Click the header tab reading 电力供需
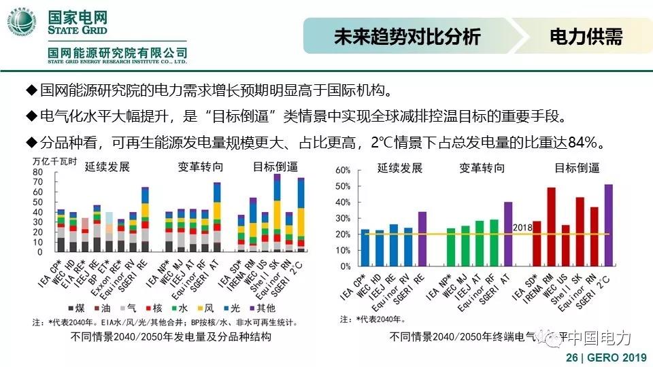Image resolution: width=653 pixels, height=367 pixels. click(x=586, y=37)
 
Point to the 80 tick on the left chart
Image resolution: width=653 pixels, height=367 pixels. click(x=38, y=172)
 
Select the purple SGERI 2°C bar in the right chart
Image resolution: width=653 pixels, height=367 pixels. click(x=608, y=224)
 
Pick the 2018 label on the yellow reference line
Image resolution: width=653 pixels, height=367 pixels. click(x=522, y=228)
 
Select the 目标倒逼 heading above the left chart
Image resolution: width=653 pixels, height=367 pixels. click(x=275, y=167)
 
